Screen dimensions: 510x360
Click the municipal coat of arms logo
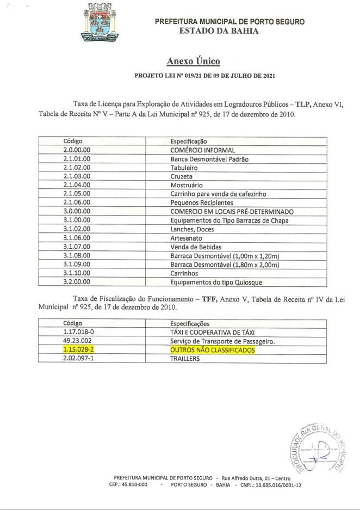point(102,22)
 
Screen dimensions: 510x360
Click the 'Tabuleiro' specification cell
point(184,168)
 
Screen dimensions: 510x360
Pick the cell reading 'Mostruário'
point(187,185)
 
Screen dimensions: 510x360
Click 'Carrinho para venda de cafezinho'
point(218,194)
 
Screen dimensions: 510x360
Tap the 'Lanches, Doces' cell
point(193,229)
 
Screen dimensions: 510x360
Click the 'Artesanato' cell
point(187,238)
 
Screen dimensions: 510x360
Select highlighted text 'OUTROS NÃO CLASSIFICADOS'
point(212,350)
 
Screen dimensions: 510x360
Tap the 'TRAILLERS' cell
point(185,359)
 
